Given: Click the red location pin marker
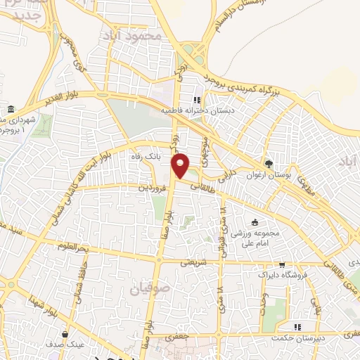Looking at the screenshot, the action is (181, 165).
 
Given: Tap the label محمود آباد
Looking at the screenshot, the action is (139, 34).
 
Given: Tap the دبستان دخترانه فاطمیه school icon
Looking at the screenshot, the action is (197, 100).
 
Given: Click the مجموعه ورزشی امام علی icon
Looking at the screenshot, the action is (264, 223).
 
